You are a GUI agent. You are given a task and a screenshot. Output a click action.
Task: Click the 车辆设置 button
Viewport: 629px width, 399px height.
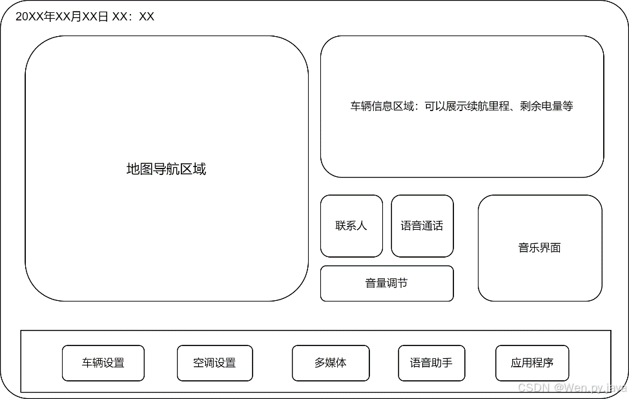tap(103, 363)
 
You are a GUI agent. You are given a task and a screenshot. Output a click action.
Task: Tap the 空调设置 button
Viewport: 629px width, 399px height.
tap(214, 363)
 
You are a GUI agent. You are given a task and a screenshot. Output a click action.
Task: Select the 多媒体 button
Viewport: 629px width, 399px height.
tap(331, 363)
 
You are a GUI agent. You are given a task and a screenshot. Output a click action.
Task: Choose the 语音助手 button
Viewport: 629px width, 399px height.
tap(431, 363)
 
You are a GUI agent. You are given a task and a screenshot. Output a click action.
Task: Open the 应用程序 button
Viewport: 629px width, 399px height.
tap(532, 363)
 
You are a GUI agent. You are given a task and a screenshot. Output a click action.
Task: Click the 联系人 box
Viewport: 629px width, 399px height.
tap(351, 226)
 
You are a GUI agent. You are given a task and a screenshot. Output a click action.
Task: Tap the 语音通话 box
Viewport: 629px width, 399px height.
tap(422, 226)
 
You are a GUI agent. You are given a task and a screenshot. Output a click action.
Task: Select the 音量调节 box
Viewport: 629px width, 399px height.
tap(387, 283)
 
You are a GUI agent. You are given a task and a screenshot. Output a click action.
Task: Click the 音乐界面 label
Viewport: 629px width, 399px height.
tap(539, 248)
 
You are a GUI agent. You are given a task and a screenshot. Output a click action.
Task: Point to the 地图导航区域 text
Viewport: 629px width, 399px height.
tap(167, 169)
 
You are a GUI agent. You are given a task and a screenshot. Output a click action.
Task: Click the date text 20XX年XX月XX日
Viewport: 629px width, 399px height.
tap(62, 17)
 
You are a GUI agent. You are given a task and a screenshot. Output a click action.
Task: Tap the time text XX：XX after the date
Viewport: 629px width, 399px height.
tap(134, 17)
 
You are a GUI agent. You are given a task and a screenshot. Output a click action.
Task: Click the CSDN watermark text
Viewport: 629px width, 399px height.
tap(572, 387)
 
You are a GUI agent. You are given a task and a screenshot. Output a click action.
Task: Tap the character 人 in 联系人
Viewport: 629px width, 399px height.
tap(362, 226)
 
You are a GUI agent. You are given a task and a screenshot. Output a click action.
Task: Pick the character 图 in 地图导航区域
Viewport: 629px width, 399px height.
tap(147, 169)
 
